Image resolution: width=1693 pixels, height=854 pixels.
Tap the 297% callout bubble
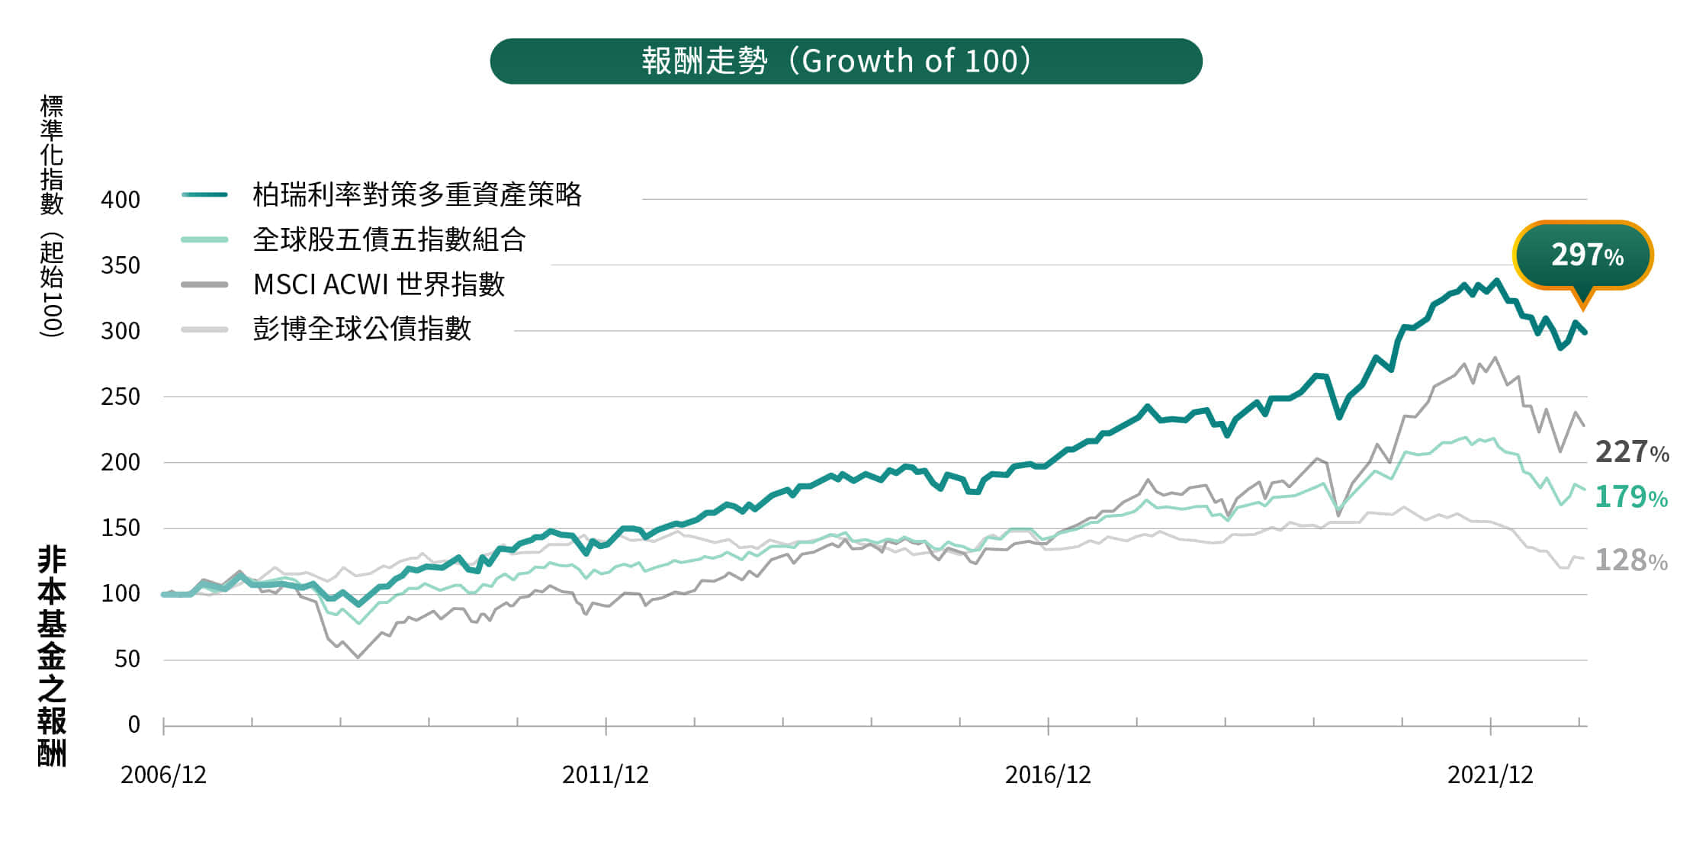click(x=1583, y=255)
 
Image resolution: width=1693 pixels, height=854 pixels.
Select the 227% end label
click(x=1631, y=452)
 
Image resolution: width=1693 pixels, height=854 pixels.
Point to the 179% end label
click(x=1630, y=497)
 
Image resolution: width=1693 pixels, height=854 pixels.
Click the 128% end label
click(x=1630, y=560)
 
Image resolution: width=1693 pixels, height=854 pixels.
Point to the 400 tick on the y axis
click(x=120, y=200)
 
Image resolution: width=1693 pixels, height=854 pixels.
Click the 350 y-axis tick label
click(x=120, y=265)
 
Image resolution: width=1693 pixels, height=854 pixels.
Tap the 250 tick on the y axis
click(x=120, y=397)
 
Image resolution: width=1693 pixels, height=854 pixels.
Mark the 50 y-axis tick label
click(x=127, y=660)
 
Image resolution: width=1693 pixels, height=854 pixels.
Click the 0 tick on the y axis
click(x=133, y=724)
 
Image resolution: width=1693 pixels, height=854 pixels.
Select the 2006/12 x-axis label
click(x=163, y=775)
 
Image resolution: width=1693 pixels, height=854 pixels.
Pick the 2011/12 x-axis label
click(x=606, y=775)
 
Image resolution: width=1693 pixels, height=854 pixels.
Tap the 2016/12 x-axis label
click(x=1048, y=775)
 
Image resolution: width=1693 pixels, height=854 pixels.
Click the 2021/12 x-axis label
click(x=1490, y=775)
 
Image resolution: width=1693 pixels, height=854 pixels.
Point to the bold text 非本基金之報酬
click(x=52, y=656)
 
